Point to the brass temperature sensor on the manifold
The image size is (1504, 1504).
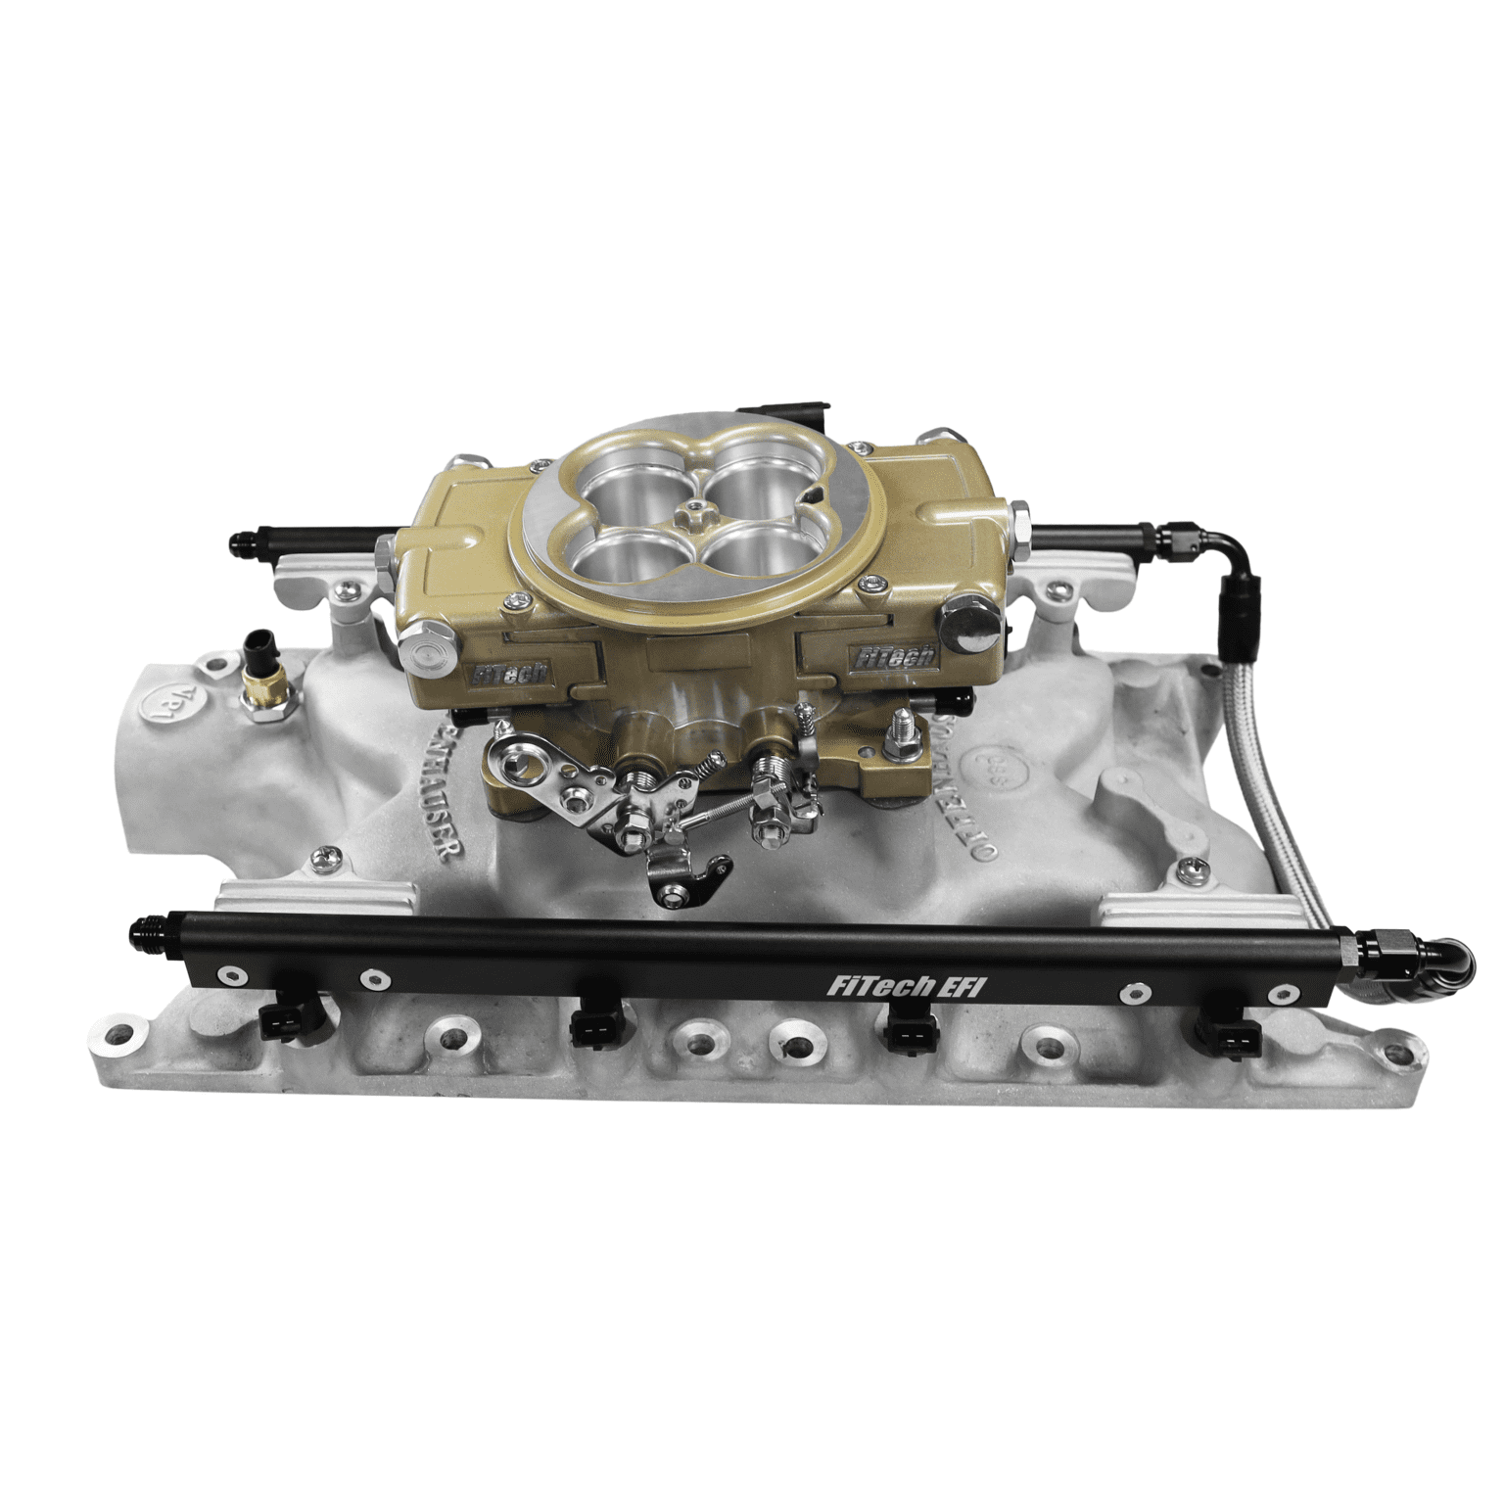[x=261, y=697]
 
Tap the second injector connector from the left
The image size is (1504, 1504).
[x=592, y=1027]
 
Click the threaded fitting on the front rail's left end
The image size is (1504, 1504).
[x=144, y=950]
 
